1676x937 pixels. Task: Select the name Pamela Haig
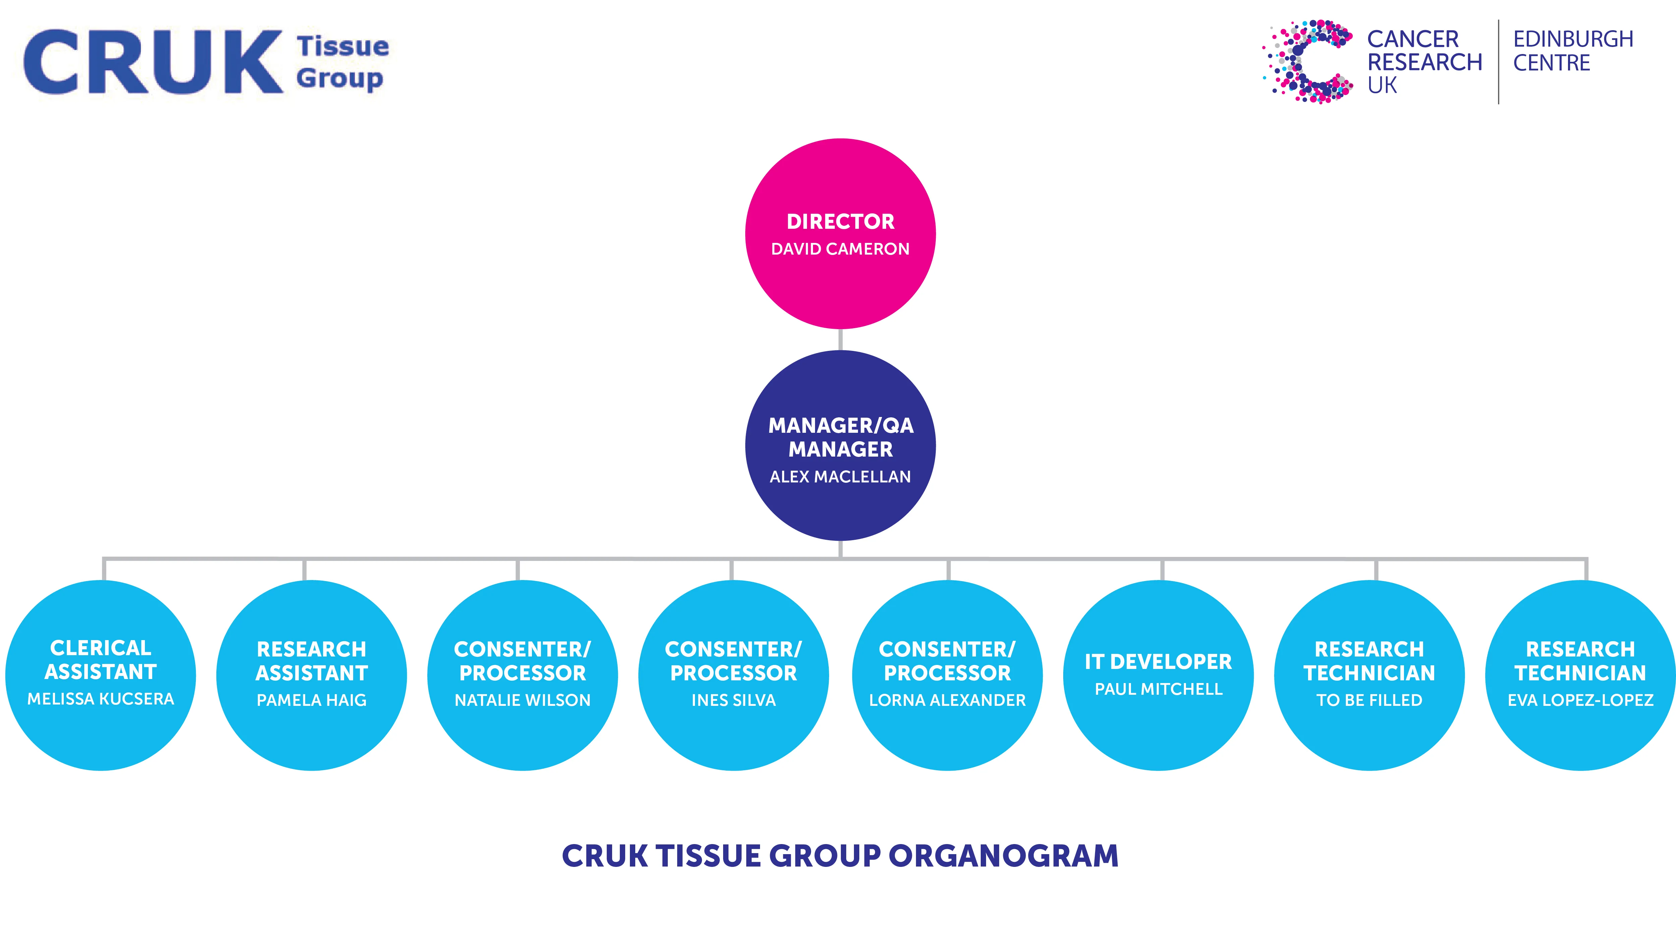[x=312, y=700]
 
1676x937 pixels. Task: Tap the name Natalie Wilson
[x=523, y=700]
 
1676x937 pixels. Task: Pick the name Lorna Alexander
[x=947, y=700]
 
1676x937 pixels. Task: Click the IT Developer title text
[x=1158, y=662]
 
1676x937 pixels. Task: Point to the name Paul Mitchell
[x=1158, y=689]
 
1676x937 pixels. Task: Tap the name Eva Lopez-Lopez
[x=1580, y=700]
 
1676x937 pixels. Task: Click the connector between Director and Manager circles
[x=841, y=339]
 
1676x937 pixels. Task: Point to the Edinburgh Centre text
[x=1573, y=51]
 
